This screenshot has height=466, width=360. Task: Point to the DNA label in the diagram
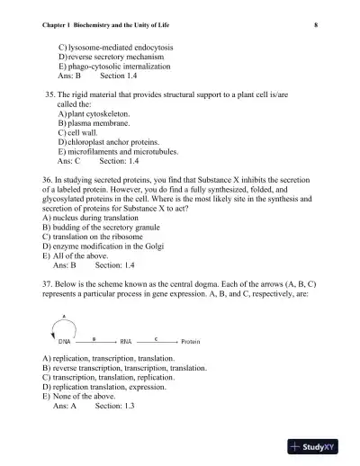(x=65, y=343)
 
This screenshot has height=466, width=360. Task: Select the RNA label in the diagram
(x=127, y=343)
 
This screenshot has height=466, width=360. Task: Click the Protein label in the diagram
(x=191, y=343)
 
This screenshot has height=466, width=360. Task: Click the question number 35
(x=50, y=94)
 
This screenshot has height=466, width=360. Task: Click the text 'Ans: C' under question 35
(x=68, y=162)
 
